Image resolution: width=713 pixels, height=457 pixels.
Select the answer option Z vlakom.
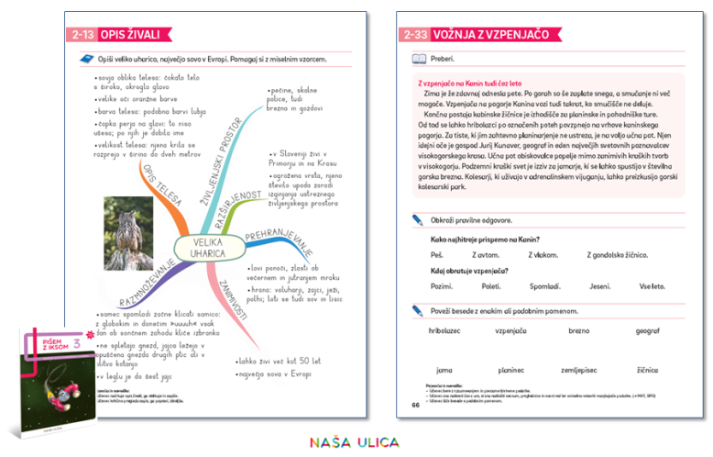click(543, 254)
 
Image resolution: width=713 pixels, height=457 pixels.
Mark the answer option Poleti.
click(491, 286)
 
